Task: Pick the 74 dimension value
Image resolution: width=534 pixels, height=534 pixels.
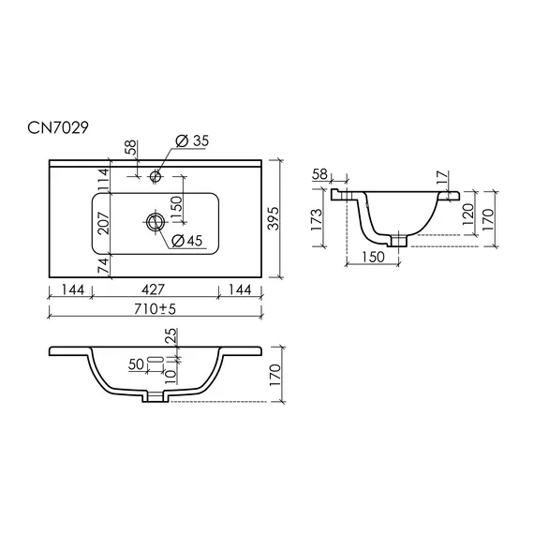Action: (105, 266)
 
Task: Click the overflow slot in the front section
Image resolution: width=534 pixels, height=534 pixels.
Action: (155, 361)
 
